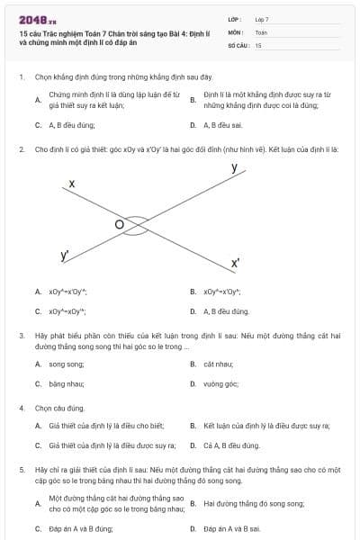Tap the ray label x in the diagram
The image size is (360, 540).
[x=72, y=184]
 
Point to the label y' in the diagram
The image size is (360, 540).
[x=65, y=256]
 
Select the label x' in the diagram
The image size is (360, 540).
[x=235, y=264]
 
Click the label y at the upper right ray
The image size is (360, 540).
[x=234, y=168]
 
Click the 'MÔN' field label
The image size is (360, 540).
[x=236, y=31]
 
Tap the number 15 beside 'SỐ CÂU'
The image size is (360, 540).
[x=258, y=44]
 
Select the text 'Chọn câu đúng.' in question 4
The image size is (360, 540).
[x=59, y=408]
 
